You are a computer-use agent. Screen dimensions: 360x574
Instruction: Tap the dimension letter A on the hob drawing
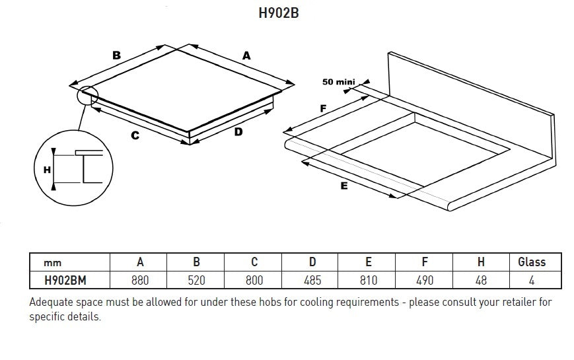[246, 56]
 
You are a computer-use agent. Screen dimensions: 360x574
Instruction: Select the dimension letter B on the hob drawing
[117, 55]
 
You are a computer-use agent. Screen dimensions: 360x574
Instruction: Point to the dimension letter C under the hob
[135, 135]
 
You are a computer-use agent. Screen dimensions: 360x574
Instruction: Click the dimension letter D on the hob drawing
[238, 132]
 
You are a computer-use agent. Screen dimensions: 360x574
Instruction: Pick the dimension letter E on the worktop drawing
[344, 187]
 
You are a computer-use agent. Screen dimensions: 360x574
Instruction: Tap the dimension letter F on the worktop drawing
[323, 107]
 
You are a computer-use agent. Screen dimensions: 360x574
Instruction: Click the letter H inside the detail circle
[47, 170]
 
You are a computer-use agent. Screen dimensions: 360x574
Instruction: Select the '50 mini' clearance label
[339, 82]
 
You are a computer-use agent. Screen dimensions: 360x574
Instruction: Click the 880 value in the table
[140, 281]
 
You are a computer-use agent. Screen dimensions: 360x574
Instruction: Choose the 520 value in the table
[196, 281]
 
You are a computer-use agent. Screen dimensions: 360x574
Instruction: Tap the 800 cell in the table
[254, 281]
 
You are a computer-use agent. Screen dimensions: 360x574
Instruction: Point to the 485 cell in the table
[311, 281]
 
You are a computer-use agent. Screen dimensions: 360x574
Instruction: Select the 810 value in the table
[368, 281]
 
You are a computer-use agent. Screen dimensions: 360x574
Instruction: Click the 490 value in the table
[425, 281]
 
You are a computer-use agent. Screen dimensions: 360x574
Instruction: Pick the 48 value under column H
[481, 281]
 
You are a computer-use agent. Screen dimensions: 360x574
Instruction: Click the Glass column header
[532, 262]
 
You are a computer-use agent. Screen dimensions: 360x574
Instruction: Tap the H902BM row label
[65, 281]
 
